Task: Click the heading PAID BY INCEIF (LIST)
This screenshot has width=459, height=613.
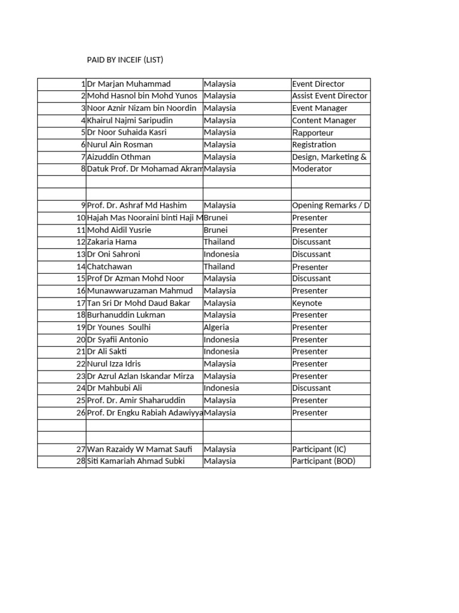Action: point(125,60)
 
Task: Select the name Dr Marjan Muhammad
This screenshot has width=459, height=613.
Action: point(128,84)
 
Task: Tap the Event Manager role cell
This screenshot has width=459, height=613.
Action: point(320,108)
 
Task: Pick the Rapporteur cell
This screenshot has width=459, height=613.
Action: point(313,132)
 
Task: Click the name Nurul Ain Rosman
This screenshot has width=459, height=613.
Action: point(120,145)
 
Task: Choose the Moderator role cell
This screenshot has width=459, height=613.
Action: point(311,169)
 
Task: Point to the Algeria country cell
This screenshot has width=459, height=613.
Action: point(216,327)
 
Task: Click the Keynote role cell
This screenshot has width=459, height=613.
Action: point(307,303)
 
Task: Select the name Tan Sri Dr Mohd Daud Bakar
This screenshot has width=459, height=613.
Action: point(139,303)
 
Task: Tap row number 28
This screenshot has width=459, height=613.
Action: point(81,461)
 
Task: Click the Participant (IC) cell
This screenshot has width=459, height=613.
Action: point(319,449)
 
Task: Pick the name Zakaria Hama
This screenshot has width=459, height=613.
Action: point(112,242)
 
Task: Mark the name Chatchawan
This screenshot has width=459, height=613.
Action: point(109,266)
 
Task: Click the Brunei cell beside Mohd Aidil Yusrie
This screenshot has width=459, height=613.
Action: point(216,230)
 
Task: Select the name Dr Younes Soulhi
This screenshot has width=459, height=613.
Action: point(119,327)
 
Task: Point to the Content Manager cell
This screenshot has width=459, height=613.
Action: point(324,120)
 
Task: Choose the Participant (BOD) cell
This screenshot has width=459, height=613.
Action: point(322,461)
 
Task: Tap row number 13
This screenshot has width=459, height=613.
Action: point(81,254)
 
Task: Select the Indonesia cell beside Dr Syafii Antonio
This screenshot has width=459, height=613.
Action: point(221,339)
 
